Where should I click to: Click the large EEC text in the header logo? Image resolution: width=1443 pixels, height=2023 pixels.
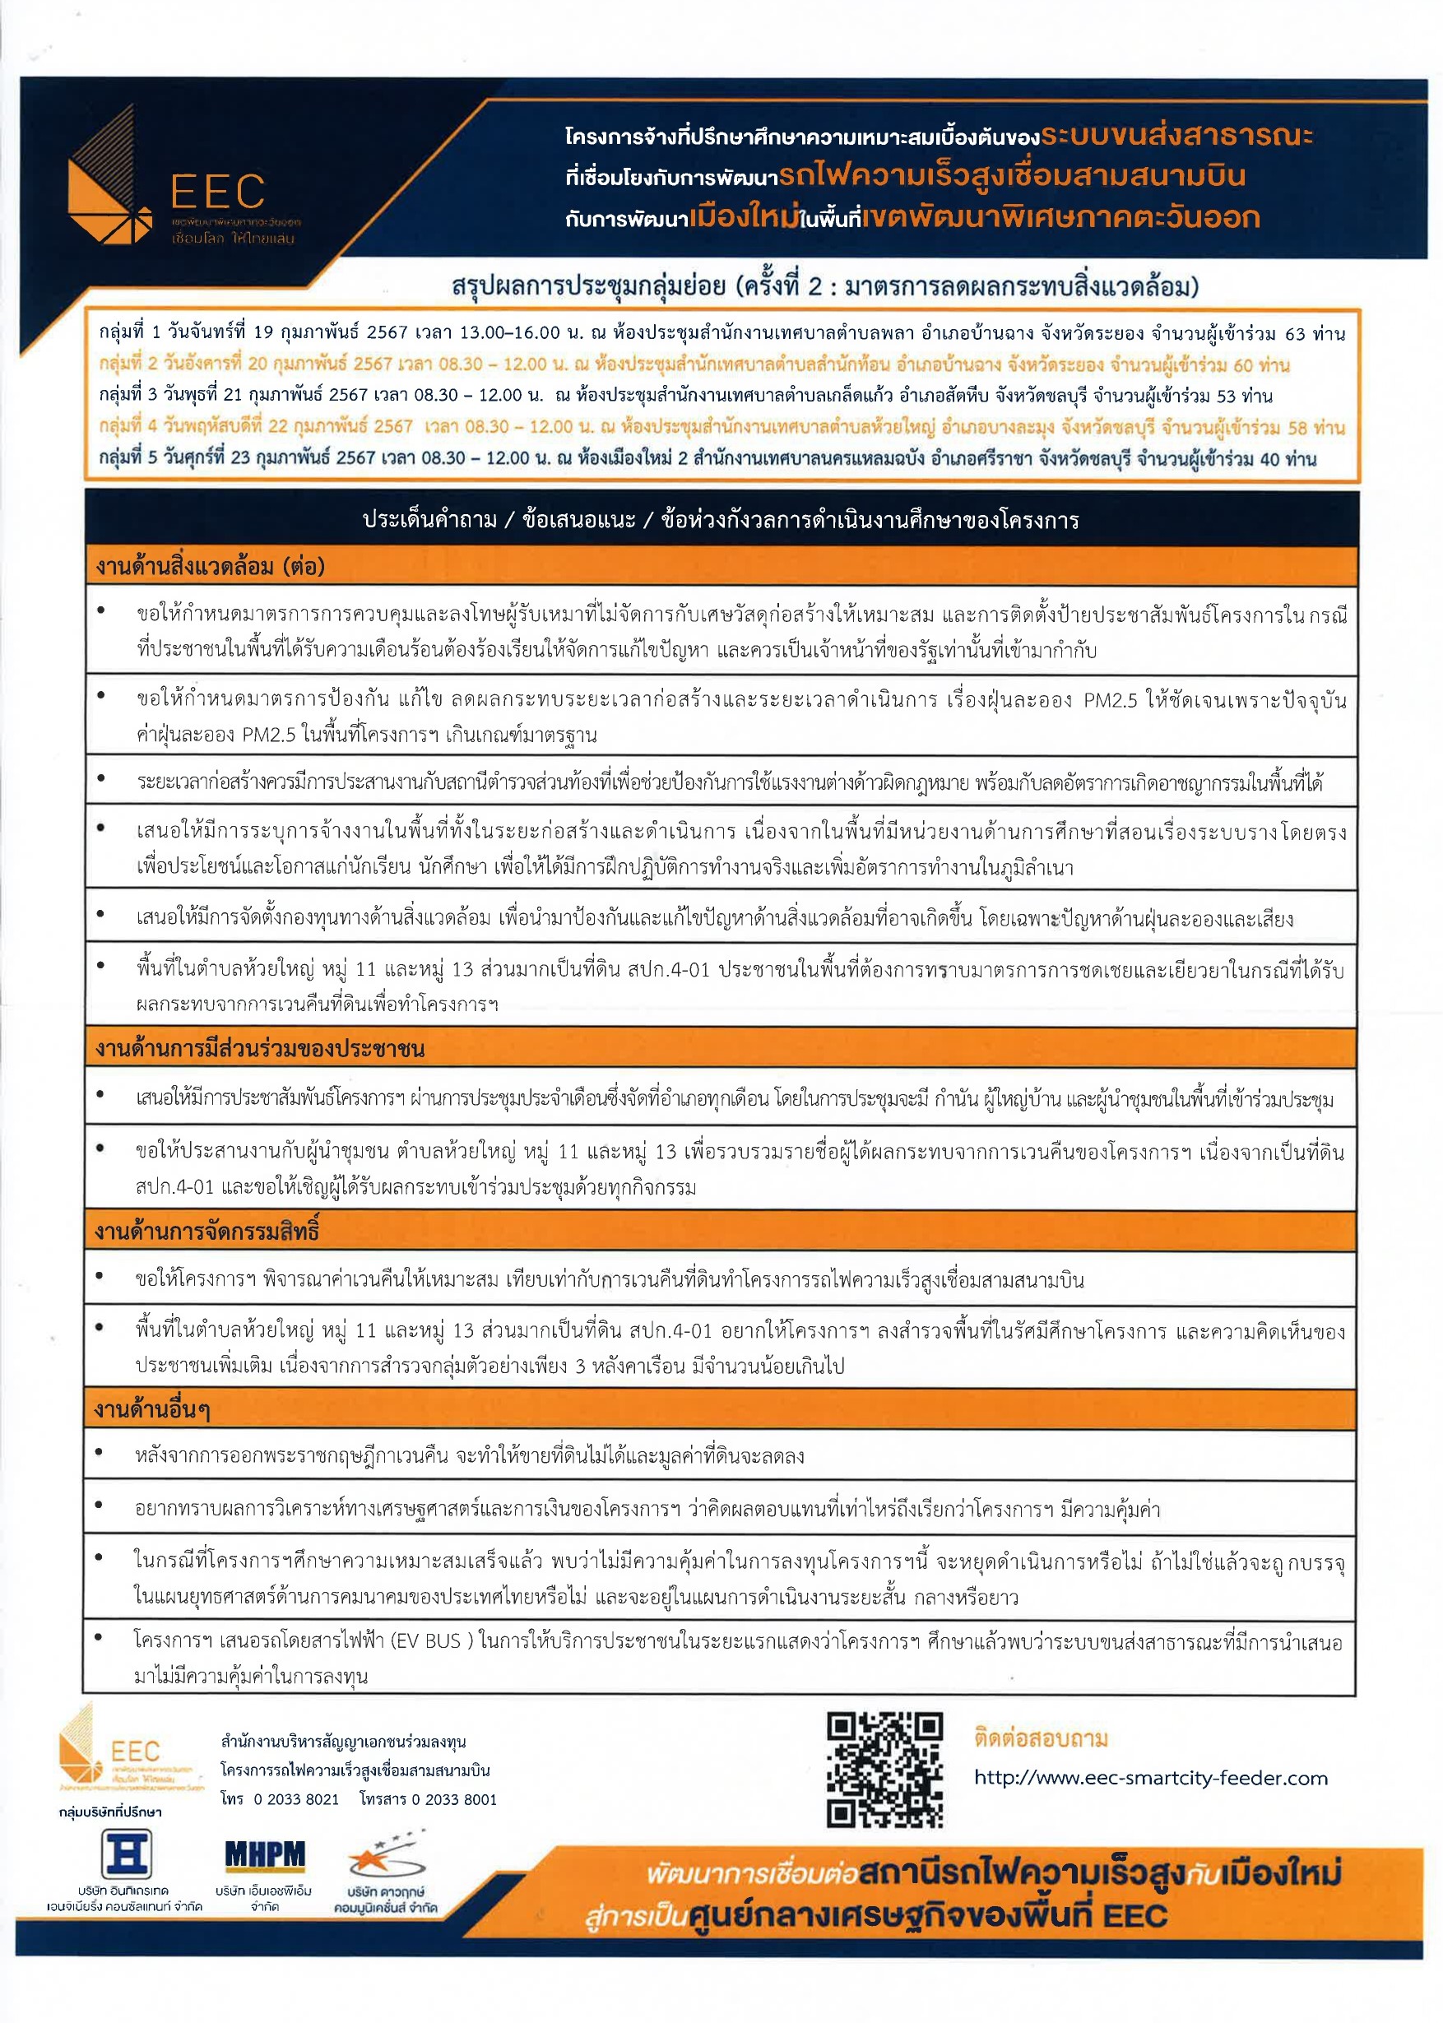click(x=217, y=191)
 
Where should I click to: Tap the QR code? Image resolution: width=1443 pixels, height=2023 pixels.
click(x=884, y=1770)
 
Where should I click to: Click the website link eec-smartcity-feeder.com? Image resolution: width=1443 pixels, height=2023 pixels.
click(x=1151, y=1778)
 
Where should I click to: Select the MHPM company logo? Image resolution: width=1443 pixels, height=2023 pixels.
click(x=264, y=1854)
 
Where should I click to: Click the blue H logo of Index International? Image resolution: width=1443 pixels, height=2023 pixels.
click(x=127, y=1854)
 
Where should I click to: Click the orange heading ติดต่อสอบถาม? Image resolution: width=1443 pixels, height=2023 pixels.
click(x=1041, y=1738)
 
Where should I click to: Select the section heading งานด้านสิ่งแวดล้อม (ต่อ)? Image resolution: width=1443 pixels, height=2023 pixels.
click(x=211, y=566)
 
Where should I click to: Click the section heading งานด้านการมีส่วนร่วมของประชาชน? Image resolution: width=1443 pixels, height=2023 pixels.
click(x=260, y=1048)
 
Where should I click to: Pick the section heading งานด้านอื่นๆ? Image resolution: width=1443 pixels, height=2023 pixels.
click(x=152, y=1409)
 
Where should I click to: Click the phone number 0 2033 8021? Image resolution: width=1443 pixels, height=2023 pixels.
click(x=297, y=1799)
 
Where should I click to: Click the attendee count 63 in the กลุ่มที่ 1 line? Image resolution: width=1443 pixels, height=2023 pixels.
click(x=1295, y=334)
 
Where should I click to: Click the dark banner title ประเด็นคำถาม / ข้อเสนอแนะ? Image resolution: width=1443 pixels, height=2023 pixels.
click(x=499, y=520)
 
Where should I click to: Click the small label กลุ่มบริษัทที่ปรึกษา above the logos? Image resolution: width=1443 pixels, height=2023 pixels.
click(x=110, y=1812)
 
